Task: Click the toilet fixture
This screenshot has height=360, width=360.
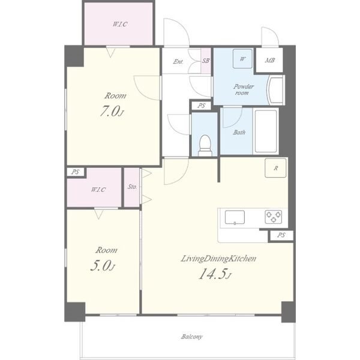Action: (x=205, y=146)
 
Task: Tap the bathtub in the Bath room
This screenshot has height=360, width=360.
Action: (x=266, y=131)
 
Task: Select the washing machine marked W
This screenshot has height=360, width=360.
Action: (x=242, y=59)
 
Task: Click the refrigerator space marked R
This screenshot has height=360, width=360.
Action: (x=275, y=168)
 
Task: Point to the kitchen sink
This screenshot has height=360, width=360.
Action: (x=235, y=217)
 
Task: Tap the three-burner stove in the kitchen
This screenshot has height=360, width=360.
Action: (x=274, y=217)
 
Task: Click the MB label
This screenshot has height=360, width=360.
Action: (x=270, y=61)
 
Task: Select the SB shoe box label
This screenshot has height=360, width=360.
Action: (x=206, y=61)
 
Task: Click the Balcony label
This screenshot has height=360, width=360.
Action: (x=192, y=337)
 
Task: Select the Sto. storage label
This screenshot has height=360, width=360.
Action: (x=132, y=187)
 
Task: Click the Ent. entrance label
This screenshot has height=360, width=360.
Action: (x=178, y=61)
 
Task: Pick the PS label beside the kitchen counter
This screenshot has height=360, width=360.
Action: (x=281, y=235)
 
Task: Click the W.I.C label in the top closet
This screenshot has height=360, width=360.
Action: (x=120, y=24)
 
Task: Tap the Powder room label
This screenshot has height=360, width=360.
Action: (x=243, y=89)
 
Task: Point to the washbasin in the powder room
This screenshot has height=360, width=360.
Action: (x=277, y=90)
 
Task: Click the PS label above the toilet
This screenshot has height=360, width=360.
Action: (x=202, y=106)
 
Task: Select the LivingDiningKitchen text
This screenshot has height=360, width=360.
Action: (x=218, y=259)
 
